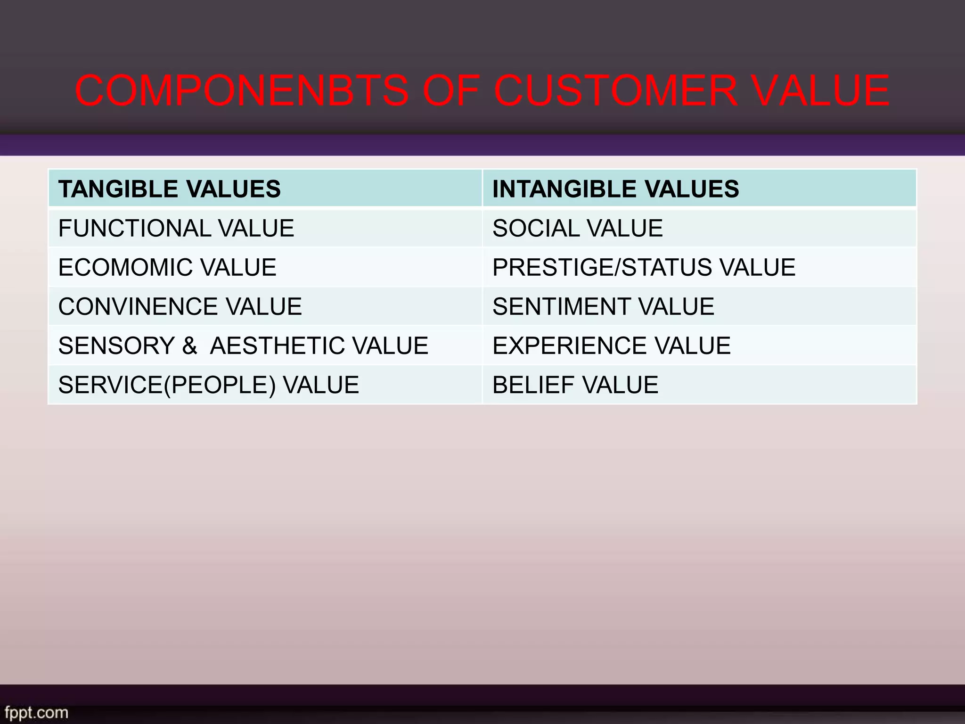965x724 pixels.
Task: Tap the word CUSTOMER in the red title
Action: click(615, 90)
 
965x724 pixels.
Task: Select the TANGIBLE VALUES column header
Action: click(170, 189)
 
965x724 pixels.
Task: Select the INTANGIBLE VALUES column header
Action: click(615, 189)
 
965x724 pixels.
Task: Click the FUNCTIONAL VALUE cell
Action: click(176, 229)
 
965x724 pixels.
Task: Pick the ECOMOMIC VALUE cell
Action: click(167, 268)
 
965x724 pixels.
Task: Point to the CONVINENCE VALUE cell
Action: click(180, 307)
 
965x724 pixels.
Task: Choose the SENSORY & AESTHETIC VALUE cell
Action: click(243, 346)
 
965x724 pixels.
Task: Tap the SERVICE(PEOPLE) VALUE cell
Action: click(208, 385)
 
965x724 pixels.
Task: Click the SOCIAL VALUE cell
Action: click(577, 229)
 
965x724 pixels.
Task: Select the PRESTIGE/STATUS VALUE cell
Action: click(644, 268)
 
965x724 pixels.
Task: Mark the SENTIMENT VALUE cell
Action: click(603, 307)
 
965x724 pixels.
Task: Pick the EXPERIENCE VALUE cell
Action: click(611, 346)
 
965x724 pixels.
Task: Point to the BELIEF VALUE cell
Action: click(575, 385)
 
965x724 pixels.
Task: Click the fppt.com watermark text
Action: click(35, 712)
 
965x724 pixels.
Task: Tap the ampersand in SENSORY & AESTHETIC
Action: click(189, 346)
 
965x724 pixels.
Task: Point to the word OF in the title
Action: click(450, 90)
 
